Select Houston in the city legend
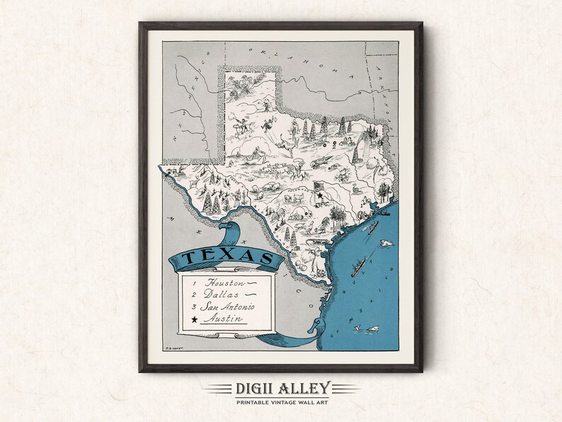[221, 281]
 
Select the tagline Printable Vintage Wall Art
[280, 403]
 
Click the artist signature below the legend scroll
[172, 348]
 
